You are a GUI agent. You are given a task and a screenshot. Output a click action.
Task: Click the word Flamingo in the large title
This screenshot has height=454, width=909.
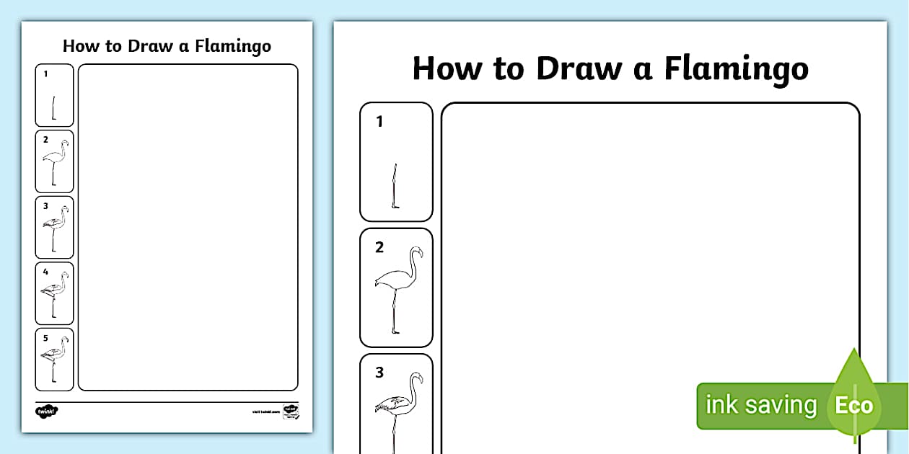736,70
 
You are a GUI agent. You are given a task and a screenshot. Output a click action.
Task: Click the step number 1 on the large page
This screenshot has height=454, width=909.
379,122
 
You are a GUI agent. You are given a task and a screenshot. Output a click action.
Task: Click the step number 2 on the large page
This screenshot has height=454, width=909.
379,247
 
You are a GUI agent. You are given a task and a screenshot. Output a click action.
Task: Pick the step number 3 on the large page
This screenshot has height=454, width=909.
379,373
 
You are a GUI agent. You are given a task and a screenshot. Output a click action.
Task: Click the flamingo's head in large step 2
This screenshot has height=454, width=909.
416,252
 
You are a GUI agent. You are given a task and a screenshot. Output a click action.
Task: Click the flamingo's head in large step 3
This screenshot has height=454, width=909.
416,378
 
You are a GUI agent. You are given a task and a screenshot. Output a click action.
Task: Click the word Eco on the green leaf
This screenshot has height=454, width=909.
853,405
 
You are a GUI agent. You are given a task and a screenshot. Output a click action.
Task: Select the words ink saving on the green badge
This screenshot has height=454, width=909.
760,405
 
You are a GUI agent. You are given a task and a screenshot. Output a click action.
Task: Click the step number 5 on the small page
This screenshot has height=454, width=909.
45,337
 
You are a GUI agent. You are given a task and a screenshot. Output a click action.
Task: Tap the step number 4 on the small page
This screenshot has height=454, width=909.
45,272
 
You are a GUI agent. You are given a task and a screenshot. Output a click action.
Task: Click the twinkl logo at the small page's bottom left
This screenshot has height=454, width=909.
46,411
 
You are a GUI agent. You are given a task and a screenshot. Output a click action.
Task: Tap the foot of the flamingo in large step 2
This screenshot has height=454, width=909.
395,331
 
